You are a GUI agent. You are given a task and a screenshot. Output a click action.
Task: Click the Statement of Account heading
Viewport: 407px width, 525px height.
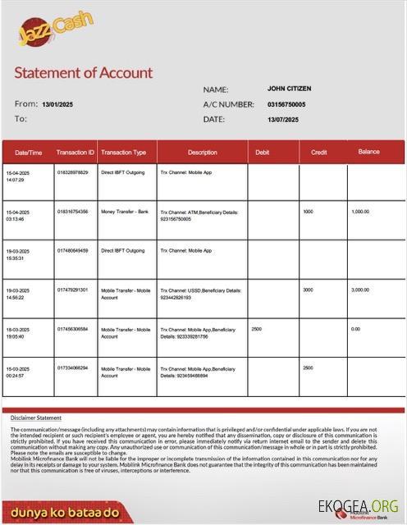tap(84, 72)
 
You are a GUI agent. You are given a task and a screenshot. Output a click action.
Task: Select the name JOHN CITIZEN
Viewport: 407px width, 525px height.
tap(289, 89)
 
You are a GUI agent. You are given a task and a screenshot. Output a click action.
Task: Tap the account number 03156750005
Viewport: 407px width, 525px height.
tap(286, 104)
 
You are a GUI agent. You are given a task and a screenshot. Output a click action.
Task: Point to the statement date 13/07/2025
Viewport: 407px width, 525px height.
tap(283, 120)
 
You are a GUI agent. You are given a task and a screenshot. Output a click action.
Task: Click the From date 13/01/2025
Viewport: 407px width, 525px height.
tap(57, 104)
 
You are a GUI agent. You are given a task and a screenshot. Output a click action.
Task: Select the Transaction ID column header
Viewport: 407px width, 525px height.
tap(75, 153)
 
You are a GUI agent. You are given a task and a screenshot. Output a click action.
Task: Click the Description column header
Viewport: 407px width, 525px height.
tap(202, 153)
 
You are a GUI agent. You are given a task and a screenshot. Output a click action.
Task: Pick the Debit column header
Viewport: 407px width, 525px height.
tap(263, 153)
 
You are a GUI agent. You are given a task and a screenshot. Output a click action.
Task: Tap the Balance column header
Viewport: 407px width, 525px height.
tap(368, 152)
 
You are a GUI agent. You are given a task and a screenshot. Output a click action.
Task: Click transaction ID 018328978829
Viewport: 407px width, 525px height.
tap(73, 172)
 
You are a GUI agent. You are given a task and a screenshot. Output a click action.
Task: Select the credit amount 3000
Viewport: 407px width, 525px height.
tap(308, 290)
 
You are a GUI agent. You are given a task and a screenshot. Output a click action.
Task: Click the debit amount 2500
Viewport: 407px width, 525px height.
tap(257, 329)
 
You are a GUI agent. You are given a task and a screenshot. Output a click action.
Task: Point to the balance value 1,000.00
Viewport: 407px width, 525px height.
tap(361, 212)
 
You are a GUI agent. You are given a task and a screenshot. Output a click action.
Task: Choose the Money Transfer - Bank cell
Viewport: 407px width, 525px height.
tap(125, 212)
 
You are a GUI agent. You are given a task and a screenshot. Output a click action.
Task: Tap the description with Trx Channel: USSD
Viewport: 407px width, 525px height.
tap(200, 294)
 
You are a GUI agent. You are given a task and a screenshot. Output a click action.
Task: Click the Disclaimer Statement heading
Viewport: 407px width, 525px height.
tap(36, 418)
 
